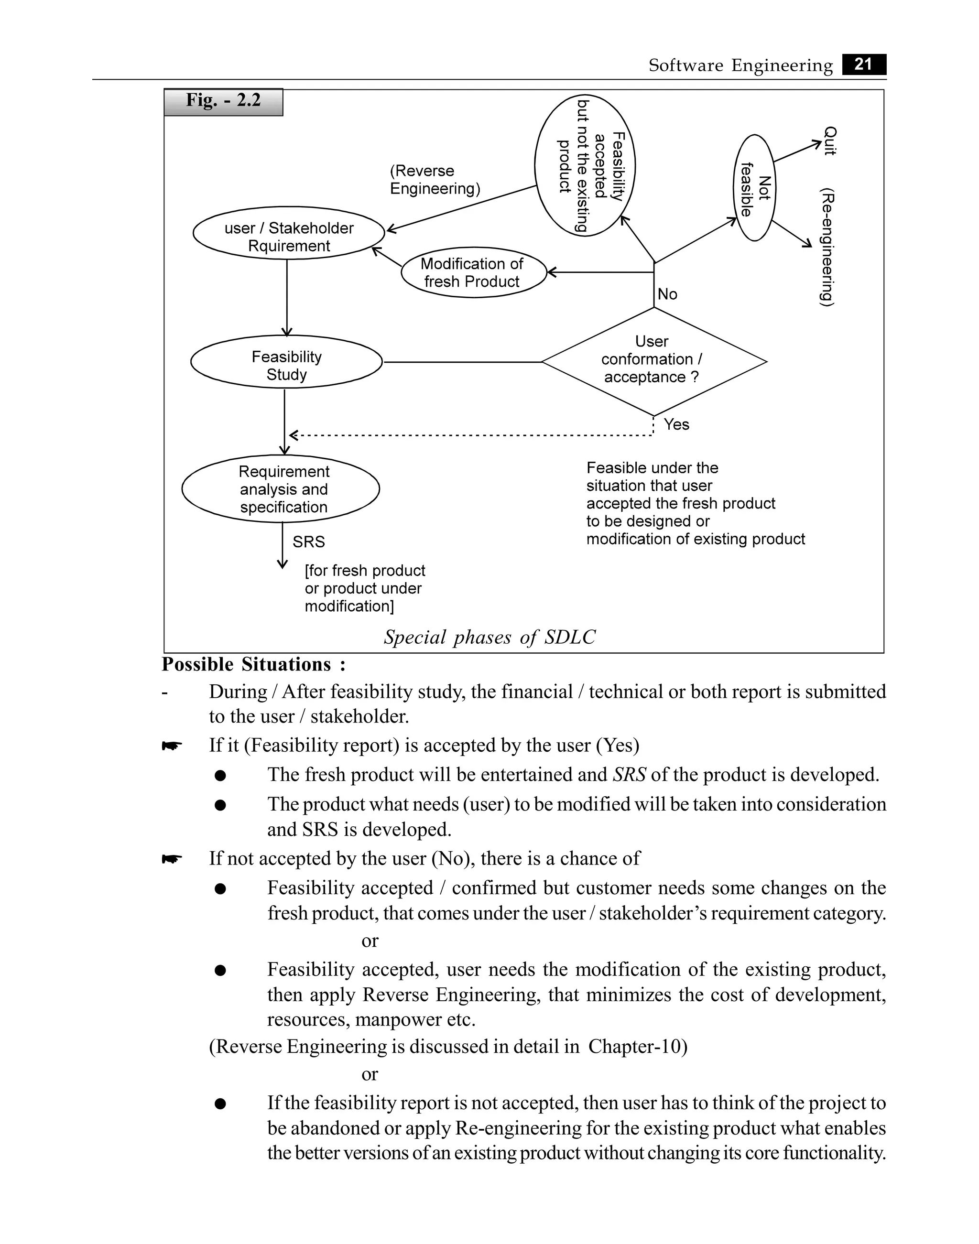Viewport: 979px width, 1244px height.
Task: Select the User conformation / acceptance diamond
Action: [653, 360]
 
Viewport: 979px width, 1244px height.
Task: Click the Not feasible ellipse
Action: [754, 188]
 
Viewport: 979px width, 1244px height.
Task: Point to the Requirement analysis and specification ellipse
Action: [281, 489]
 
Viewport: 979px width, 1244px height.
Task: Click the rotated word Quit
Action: [829, 141]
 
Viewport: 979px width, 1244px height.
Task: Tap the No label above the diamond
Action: [667, 294]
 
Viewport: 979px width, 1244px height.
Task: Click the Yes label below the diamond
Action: [676, 424]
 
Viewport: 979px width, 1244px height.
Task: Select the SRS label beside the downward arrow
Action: [308, 541]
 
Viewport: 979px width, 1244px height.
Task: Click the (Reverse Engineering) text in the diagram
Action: [434, 179]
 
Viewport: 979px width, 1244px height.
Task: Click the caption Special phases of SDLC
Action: [489, 637]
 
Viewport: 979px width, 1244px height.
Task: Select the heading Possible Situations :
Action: [254, 664]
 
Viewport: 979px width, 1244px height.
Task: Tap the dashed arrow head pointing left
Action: [294, 435]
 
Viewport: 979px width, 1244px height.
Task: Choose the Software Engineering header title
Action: [740, 65]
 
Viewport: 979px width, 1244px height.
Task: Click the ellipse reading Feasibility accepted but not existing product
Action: [585, 166]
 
